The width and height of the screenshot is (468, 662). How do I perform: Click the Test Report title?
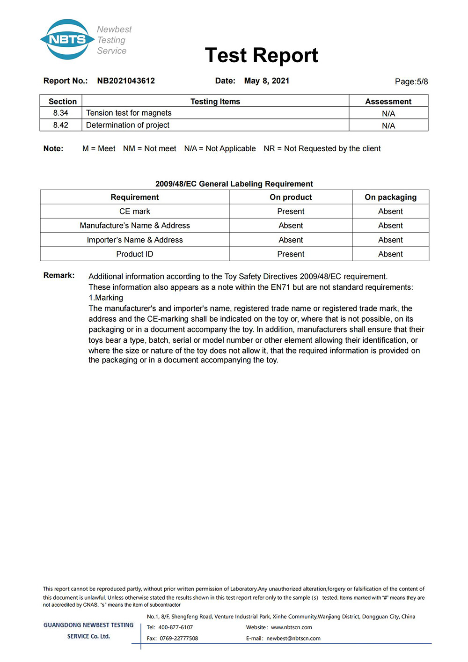click(261, 55)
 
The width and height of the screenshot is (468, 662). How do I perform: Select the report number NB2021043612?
click(126, 81)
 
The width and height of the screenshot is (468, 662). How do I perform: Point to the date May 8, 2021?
click(266, 81)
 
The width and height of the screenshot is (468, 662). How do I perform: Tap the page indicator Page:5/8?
click(411, 81)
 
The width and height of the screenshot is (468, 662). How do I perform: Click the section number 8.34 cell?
click(61, 113)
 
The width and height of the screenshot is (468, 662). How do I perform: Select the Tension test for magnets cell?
click(129, 113)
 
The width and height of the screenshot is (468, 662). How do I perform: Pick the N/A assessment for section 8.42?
click(388, 125)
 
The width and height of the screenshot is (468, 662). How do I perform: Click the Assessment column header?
click(388, 101)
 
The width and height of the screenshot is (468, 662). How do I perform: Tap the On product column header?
click(291, 197)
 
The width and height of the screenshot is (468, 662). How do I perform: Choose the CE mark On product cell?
click(291, 211)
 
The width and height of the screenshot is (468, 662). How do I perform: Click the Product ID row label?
click(135, 254)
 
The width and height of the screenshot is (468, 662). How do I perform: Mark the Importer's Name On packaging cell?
click(390, 240)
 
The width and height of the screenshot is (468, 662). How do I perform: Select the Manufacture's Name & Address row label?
click(135, 225)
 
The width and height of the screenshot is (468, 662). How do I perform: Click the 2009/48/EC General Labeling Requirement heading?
click(234, 184)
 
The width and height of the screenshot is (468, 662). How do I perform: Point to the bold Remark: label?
click(59, 275)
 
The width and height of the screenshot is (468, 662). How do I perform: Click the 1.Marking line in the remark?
click(106, 298)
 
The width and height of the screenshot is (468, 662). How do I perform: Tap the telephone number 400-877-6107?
click(175, 627)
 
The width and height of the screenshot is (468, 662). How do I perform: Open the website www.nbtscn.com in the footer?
click(291, 627)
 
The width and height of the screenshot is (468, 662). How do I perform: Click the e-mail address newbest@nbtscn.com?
click(293, 638)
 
